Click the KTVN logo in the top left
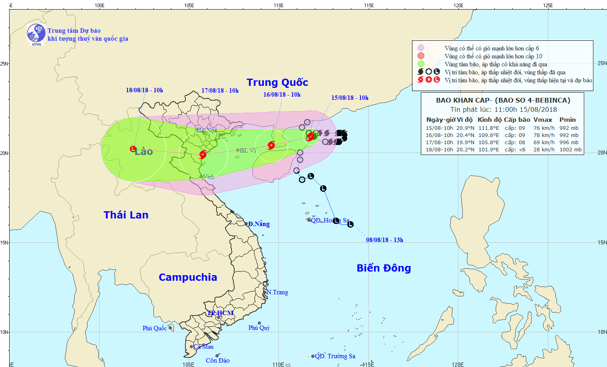[36, 34]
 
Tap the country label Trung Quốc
[277, 82]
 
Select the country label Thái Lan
[126, 215]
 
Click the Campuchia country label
[188, 277]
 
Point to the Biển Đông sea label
[384, 268]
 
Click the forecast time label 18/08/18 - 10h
[144, 90]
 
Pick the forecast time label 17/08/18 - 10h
[220, 91]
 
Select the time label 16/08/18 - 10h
[282, 95]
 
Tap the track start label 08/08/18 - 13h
[384, 240]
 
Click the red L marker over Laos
[133, 149]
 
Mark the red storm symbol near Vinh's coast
[203, 155]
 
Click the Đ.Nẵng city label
[259, 224]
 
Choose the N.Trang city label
[277, 292]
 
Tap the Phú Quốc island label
[155, 328]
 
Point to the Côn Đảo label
[218, 361]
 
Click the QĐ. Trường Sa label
[335, 356]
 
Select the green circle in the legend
[421, 64]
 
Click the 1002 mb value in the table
[570, 150]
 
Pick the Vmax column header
[543, 120]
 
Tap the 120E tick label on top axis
[458, 5]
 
